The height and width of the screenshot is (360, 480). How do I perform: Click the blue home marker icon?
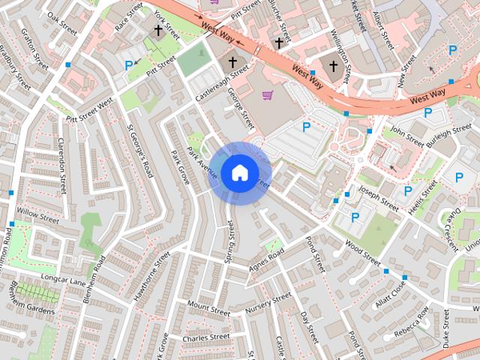tap(239, 172)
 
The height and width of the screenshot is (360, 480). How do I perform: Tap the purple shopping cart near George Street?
tap(268, 95)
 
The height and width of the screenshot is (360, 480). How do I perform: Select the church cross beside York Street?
tap(158, 30)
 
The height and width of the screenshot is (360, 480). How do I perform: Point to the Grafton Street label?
tap(34, 49)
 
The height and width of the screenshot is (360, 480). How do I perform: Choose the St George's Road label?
tap(139, 151)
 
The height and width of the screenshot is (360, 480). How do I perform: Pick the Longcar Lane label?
tap(64, 280)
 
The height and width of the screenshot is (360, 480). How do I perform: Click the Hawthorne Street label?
tap(151, 277)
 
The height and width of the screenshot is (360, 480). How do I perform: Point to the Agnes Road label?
tap(267, 259)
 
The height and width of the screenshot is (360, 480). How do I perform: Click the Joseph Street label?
tap(378, 199)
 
